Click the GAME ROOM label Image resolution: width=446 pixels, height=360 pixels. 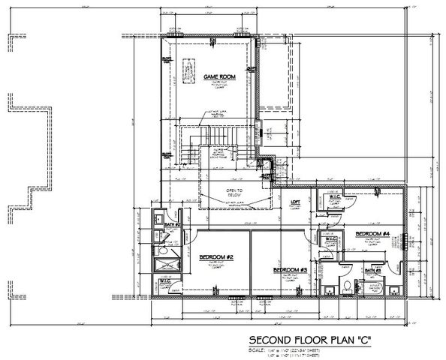[217, 76]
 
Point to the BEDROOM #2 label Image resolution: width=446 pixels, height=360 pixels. [218, 257]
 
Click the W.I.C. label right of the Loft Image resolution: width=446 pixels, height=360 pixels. [332, 198]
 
